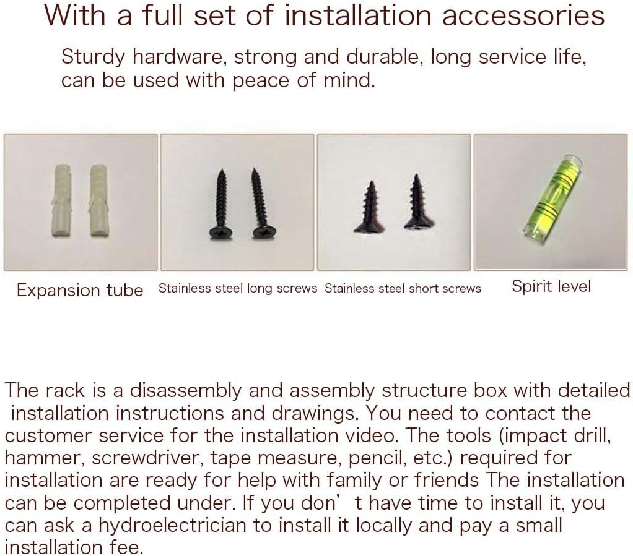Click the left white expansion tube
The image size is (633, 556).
click(63, 200)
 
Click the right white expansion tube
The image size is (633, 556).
click(98, 200)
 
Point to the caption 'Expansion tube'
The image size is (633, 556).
click(80, 290)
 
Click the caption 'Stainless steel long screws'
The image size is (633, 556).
click(238, 288)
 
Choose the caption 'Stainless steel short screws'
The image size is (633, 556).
click(403, 289)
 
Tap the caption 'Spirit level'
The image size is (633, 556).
click(551, 287)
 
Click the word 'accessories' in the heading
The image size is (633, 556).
click(523, 16)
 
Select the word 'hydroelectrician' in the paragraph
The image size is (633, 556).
click(172, 525)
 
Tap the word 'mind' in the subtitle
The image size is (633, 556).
click(349, 80)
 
